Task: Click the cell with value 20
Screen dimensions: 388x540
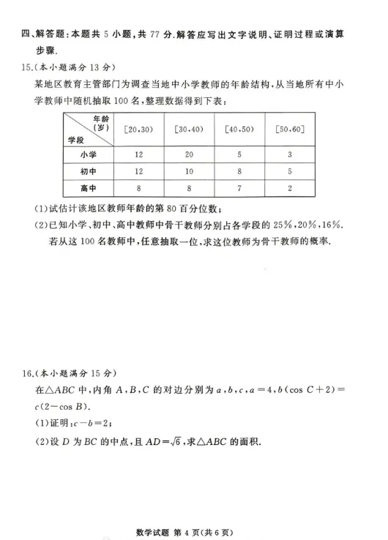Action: point(189,154)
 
